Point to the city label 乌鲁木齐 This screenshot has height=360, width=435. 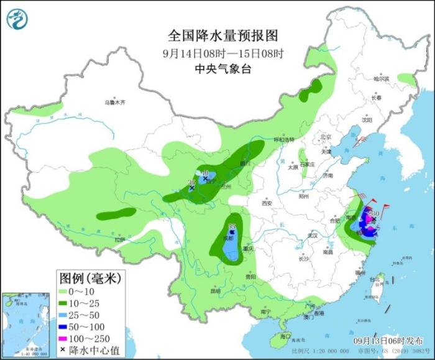point(115,101)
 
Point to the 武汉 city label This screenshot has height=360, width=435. point(313,235)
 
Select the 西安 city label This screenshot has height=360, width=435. point(267,203)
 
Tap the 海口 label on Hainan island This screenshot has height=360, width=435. point(285,336)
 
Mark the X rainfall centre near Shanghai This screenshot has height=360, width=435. point(373,219)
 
